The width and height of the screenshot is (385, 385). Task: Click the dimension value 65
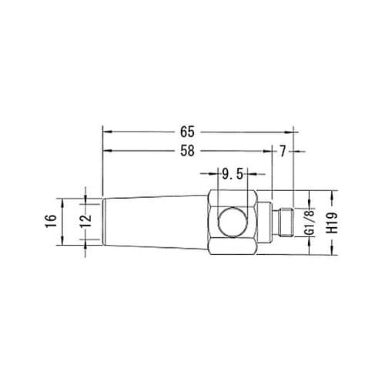coord(187,132)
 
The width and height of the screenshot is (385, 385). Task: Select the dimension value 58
coord(187,151)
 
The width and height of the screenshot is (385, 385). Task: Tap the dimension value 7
coord(283,152)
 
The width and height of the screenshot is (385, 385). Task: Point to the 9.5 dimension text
coord(233,175)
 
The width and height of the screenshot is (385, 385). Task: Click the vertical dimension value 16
coord(51,221)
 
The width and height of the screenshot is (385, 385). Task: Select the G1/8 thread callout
coord(310,223)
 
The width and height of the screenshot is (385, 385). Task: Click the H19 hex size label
coord(333,223)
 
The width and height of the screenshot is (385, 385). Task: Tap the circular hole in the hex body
coord(233,223)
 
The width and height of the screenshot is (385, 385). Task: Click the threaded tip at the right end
coord(286,222)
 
